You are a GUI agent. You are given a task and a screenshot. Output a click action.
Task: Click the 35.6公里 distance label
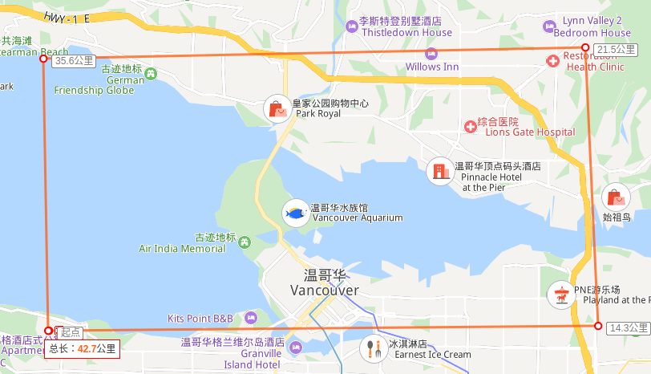click(75, 60)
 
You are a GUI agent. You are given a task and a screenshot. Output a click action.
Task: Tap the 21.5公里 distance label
click(617, 50)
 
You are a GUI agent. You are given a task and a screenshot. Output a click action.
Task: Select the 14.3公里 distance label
click(628, 327)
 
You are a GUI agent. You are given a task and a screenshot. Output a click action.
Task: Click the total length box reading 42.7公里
click(83, 348)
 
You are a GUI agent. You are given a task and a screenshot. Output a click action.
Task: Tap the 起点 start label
click(71, 331)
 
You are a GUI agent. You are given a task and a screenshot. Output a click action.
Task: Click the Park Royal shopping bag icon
click(277, 108)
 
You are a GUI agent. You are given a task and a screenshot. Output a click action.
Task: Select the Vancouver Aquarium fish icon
click(296, 213)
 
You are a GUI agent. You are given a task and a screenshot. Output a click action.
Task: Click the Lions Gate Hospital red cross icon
click(471, 126)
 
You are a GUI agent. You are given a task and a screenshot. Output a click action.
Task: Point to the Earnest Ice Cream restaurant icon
click(373, 348)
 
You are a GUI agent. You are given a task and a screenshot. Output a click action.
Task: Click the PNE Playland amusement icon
click(560, 295)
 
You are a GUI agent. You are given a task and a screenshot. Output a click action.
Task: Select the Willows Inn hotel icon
click(431, 53)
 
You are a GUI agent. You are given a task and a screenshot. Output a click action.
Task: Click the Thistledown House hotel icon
click(351, 27)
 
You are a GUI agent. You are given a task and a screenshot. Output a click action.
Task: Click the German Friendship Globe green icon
click(152, 75)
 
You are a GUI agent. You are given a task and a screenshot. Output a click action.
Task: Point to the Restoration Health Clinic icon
click(553, 62)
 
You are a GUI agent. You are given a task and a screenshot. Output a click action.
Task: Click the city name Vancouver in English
click(325, 290)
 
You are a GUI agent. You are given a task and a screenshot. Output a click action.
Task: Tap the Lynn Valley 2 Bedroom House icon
click(549, 26)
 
